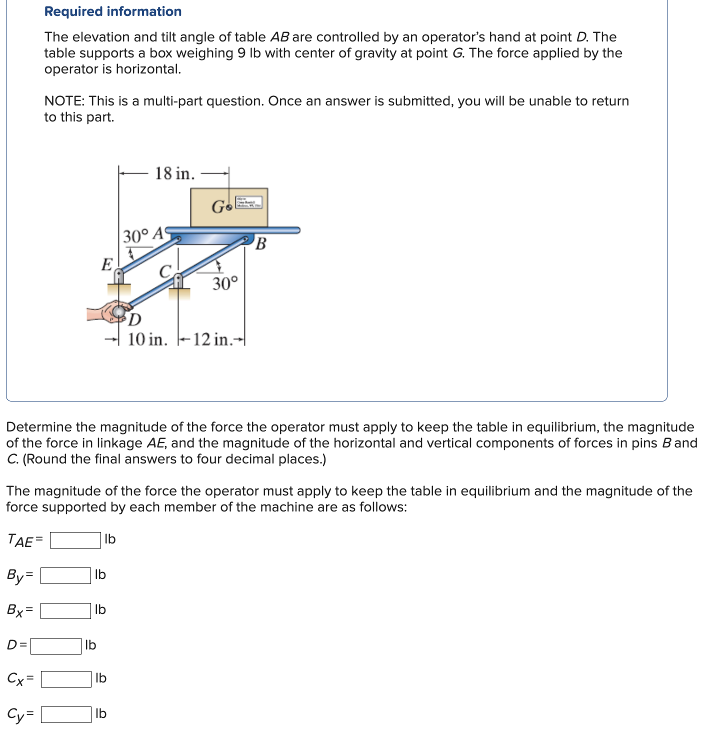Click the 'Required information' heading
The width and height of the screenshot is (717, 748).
pos(113,11)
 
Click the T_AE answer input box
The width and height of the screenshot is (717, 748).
pos(75,540)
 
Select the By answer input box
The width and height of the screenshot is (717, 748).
pos(65,575)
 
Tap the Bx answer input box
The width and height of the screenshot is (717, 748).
pos(65,610)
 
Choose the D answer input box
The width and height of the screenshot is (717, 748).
pos(55,646)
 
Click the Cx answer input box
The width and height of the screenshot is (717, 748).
pos(66,679)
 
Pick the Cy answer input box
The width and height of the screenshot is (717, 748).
pos(66,714)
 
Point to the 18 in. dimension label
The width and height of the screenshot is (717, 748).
pos(174,173)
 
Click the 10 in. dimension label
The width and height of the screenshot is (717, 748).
pos(147,339)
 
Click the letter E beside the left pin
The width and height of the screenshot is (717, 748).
pos(106,264)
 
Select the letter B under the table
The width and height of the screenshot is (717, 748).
pos(260,244)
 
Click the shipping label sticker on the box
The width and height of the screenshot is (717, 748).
pos(248,202)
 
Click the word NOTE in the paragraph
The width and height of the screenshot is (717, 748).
pos(64,101)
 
